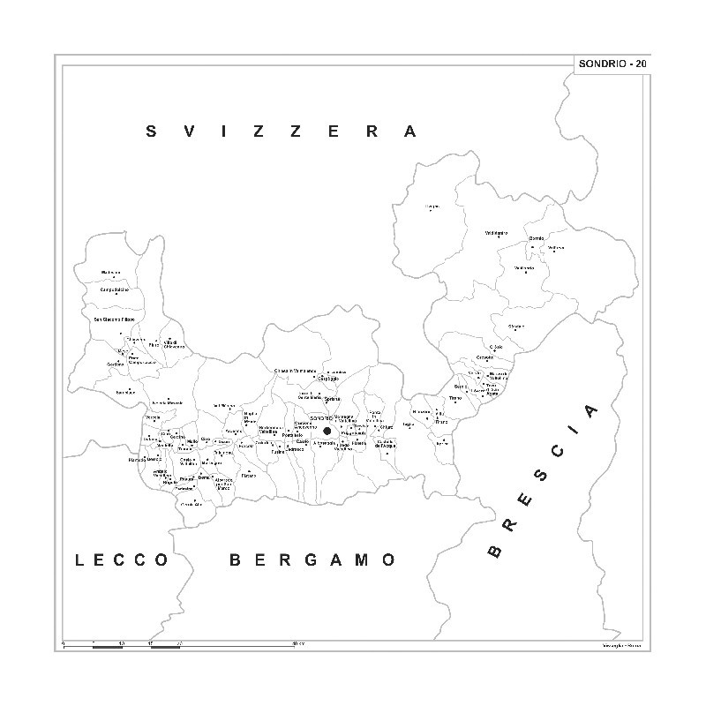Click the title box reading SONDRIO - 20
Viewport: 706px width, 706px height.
(x=612, y=64)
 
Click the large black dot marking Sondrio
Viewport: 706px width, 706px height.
(x=327, y=430)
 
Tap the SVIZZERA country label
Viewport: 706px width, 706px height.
(x=280, y=131)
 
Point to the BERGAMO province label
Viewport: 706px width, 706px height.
(x=312, y=560)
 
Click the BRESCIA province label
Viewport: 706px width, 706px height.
(x=544, y=481)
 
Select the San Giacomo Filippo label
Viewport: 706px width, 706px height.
(x=114, y=319)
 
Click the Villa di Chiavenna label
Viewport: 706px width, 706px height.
(x=175, y=343)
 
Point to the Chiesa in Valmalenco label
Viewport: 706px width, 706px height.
(x=295, y=369)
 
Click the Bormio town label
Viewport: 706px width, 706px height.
(x=537, y=238)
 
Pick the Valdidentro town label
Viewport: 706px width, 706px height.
(x=497, y=233)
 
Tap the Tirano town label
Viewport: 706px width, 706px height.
(x=455, y=398)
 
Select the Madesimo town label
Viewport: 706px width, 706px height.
(x=110, y=272)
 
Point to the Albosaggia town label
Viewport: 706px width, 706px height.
(x=324, y=443)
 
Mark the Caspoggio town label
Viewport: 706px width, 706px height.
(x=340, y=379)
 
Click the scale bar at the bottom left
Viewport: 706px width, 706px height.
(x=124, y=647)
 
